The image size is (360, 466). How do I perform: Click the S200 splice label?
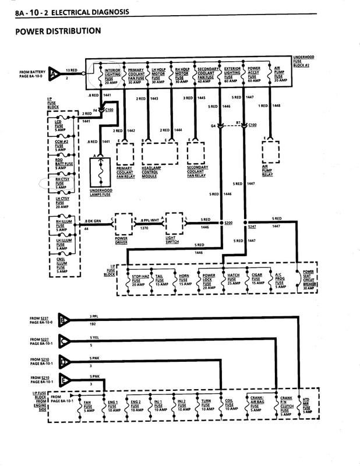[x=229, y=223]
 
